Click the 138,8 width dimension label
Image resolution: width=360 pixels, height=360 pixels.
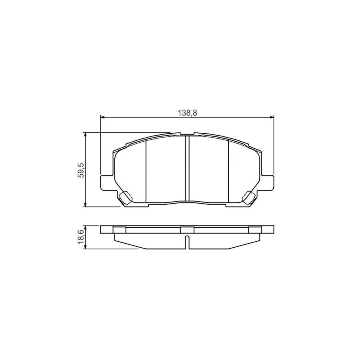187,113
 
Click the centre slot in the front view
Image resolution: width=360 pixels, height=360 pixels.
187,168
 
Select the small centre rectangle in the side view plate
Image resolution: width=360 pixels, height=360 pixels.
187,230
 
